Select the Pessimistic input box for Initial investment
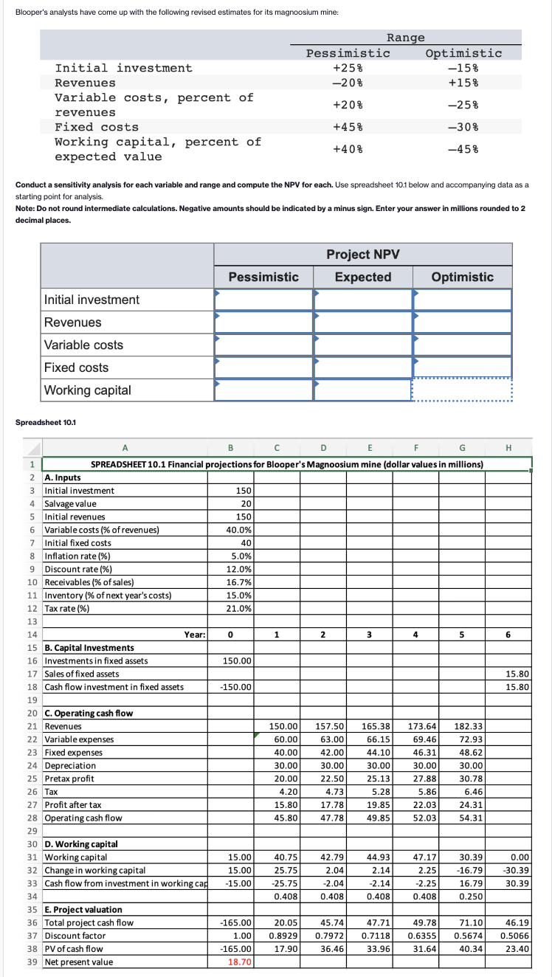click(263, 300)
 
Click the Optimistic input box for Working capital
click(462, 390)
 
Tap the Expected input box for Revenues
click(362, 322)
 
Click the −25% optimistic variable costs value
click(463, 105)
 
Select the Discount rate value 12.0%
click(241, 569)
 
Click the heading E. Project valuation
click(83, 910)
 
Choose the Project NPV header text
click(362, 254)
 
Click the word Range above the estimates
click(405, 38)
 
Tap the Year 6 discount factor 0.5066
click(516, 936)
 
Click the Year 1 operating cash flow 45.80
click(285, 818)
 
